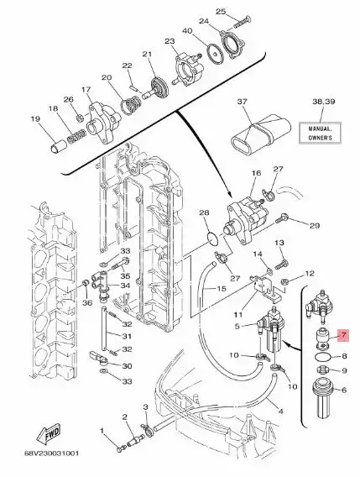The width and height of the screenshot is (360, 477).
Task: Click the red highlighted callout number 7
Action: pyautogui.click(x=343, y=335)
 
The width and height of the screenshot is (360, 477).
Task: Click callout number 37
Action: pyautogui.click(x=244, y=102)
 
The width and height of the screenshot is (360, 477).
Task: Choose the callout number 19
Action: pyautogui.click(x=35, y=119)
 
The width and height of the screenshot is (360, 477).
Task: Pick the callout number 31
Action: pyautogui.click(x=128, y=338)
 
